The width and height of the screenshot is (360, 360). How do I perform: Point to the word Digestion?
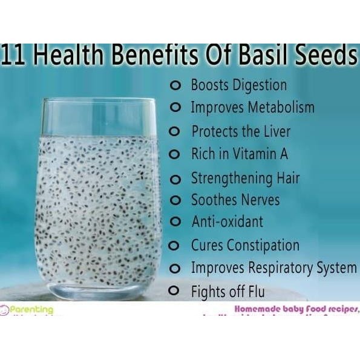(257, 85)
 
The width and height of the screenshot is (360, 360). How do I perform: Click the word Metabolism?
(279, 108)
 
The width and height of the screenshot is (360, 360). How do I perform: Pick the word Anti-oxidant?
(227, 221)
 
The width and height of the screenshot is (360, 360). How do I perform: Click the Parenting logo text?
(30, 310)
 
